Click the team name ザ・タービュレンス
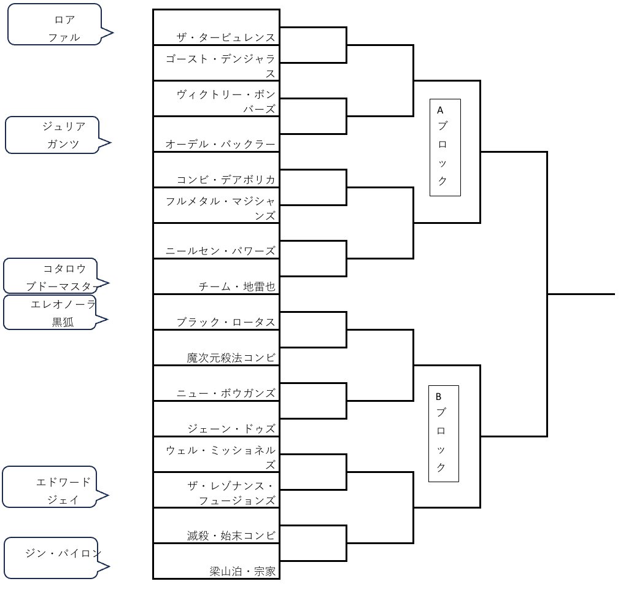(225, 37)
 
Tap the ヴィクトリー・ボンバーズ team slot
(226, 101)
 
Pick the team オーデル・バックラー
(220, 144)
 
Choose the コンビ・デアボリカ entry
(225, 180)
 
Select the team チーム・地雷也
(237, 286)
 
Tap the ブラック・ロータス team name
(225, 322)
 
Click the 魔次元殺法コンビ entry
(231, 358)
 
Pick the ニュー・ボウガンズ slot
(226, 393)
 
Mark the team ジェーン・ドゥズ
(231, 429)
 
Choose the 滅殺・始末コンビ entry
(231, 536)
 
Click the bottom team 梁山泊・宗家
(242, 571)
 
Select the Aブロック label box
(445, 148)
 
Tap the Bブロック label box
(443, 434)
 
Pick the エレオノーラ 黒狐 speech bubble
(52, 312)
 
